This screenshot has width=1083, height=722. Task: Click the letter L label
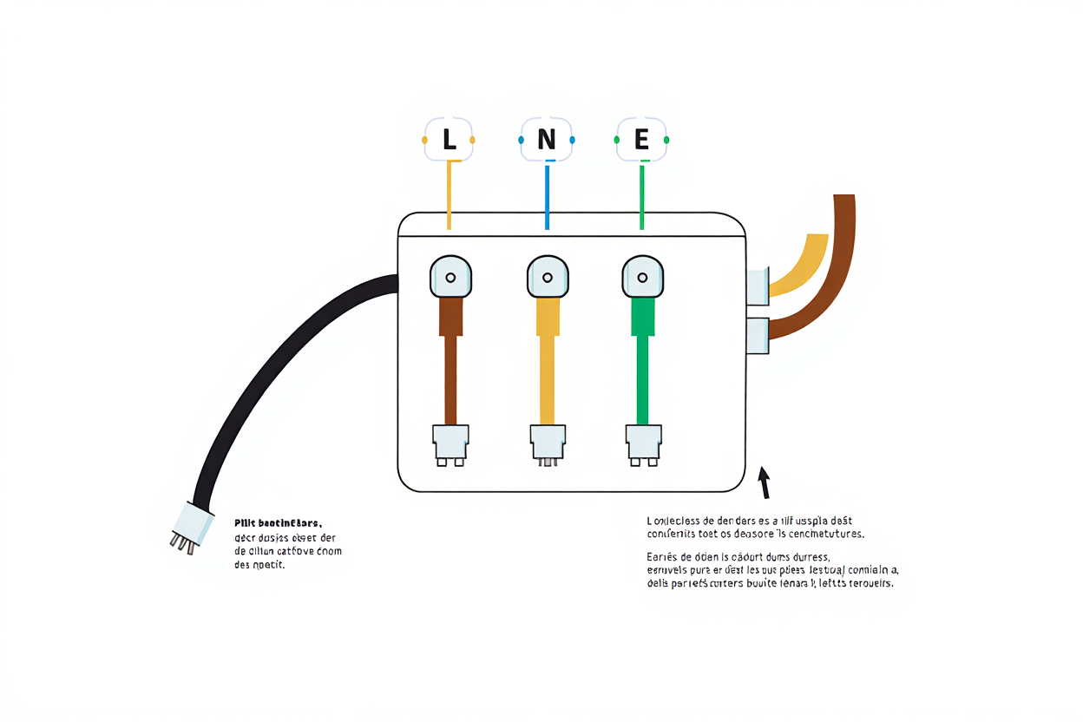click(x=449, y=140)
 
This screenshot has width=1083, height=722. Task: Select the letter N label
click(x=546, y=140)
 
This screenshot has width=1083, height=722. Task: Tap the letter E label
click(x=641, y=140)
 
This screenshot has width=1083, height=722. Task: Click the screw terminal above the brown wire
click(x=450, y=277)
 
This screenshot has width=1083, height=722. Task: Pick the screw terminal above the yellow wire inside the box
click(x=548, y=277)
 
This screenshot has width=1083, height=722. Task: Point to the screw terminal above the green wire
click(x=642, y=277)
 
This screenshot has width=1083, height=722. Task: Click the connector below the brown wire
click(x=450, y=443)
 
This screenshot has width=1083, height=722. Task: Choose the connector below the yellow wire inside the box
click(x=548, y=443)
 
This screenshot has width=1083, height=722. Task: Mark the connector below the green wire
click(x=643, y=443)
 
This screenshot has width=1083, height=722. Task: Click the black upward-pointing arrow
click(x=765, y=482)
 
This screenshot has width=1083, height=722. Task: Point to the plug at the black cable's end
click(x=190, y=528)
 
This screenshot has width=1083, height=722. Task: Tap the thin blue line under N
click(x=547, y=195)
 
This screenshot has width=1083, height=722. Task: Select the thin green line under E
click(x=641, y=195)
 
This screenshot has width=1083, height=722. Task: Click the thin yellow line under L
click(x=449, y=195)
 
